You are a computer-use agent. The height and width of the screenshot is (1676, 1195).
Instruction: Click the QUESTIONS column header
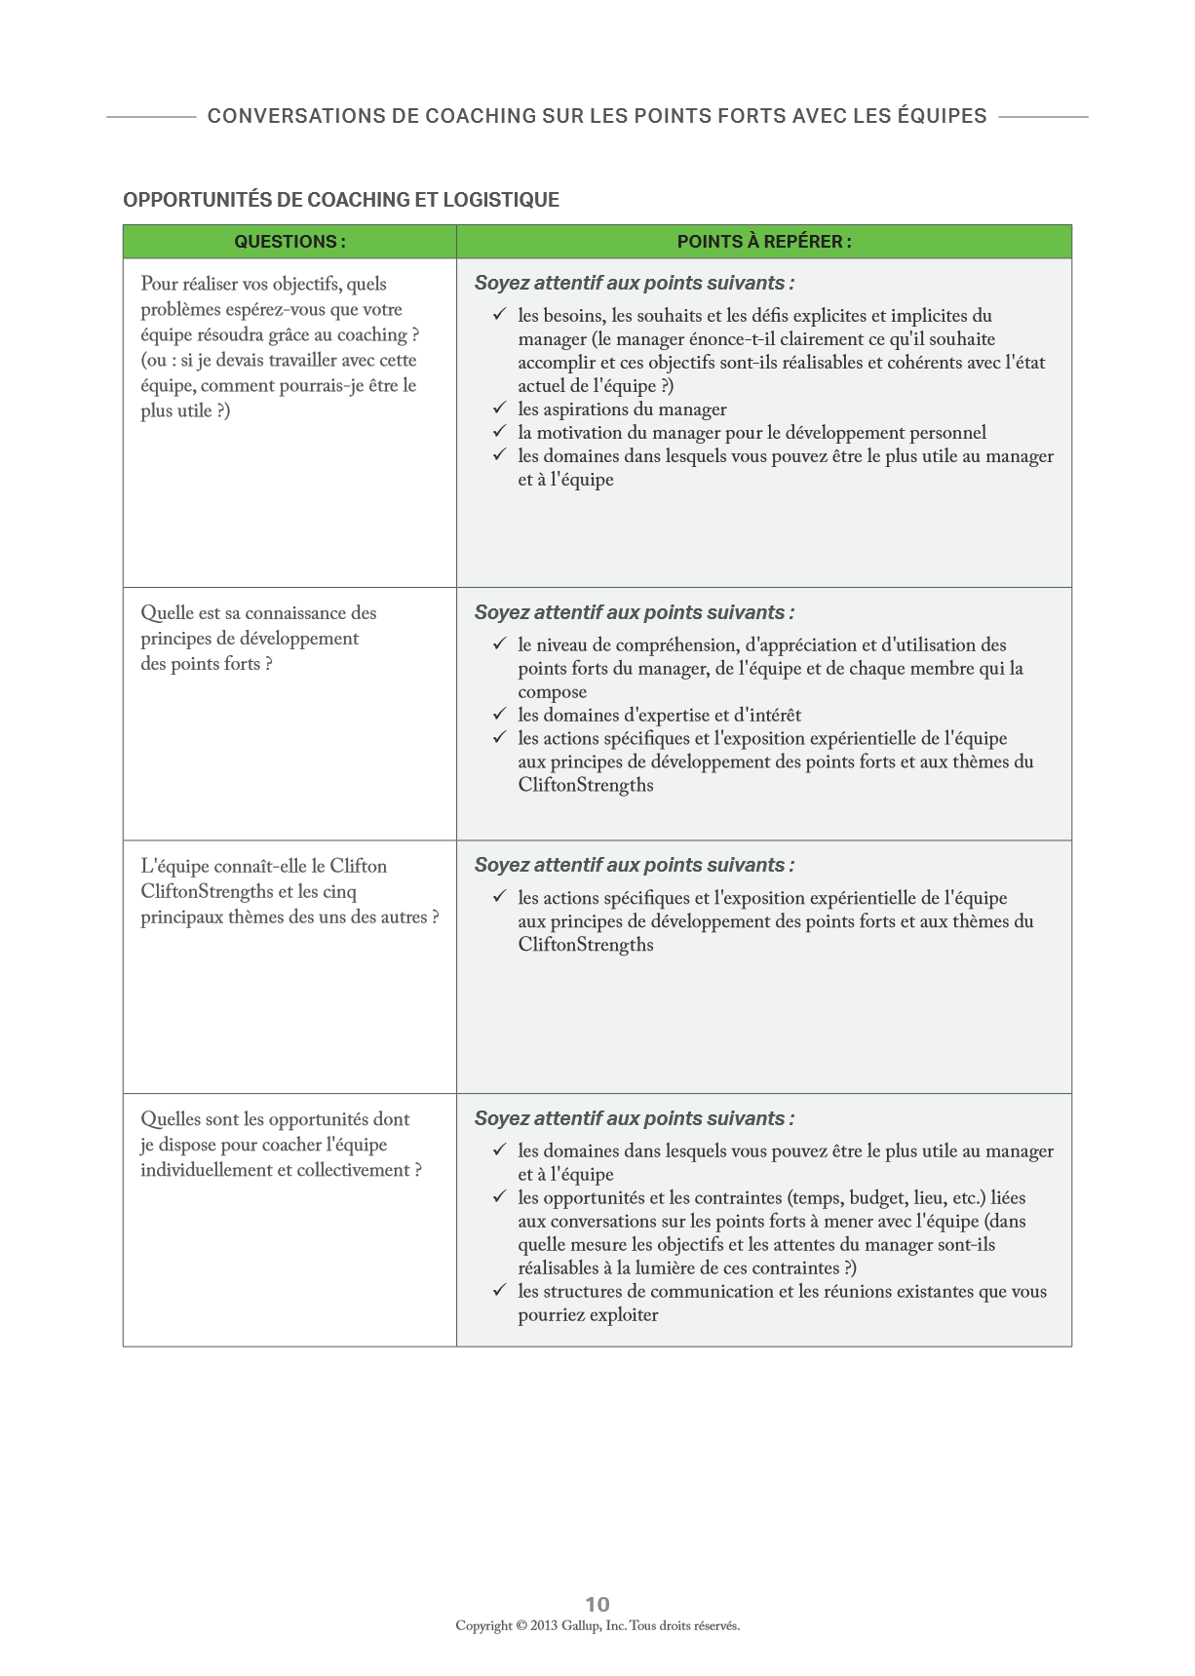tap(289, 242)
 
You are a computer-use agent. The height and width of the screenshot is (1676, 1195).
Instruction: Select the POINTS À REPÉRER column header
tap(764, 242)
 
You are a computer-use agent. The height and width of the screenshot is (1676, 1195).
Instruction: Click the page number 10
tap(597, 1604)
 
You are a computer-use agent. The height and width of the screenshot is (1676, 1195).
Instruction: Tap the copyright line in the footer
tap(597, 1625)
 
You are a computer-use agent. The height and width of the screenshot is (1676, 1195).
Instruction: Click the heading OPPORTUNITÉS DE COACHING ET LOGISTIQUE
tap(341, 200)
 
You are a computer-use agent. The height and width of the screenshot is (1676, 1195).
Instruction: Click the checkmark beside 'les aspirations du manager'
tap(499, 408)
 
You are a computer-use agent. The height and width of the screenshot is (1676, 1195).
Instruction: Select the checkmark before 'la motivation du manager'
tap(499, 431)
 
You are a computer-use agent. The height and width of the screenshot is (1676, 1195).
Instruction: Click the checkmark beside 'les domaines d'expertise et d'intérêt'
tap(499, 714)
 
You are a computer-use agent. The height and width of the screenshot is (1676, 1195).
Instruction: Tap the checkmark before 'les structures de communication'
tap(499, 1290)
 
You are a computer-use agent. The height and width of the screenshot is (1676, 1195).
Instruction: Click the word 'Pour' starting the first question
tap(159, 284)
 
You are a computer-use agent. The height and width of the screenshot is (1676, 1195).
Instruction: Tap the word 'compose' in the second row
tap(553, 692)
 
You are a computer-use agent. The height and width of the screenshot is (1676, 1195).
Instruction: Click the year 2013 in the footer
tap(544, 1625)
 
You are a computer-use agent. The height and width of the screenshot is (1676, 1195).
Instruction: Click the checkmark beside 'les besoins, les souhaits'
tap(499, 314)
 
